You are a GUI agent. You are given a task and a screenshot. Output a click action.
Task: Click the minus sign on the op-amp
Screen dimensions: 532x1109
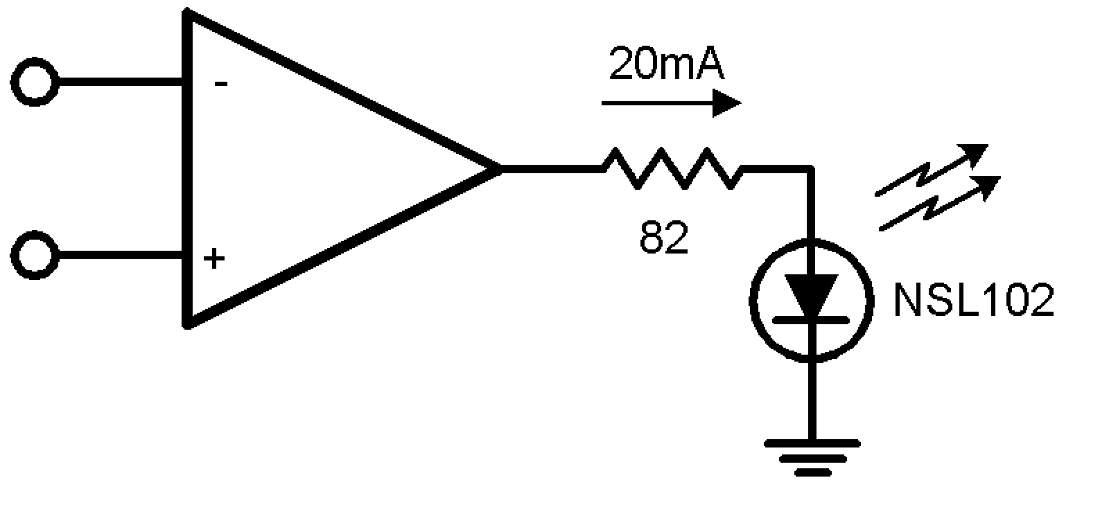(220, 85)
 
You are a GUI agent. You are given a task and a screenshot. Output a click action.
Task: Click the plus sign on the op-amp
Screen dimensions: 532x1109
(215, 259)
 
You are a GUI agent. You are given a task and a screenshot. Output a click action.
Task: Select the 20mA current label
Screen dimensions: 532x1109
(666, 66)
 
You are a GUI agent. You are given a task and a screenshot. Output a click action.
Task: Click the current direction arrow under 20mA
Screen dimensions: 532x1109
(670, 104)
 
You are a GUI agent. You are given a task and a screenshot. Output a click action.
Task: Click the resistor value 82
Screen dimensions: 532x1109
(664, 238)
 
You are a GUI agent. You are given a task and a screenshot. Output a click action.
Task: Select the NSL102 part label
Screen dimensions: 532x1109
(973, 300)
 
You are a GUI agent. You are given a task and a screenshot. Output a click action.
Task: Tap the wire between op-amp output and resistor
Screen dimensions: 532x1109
(551, 168)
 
